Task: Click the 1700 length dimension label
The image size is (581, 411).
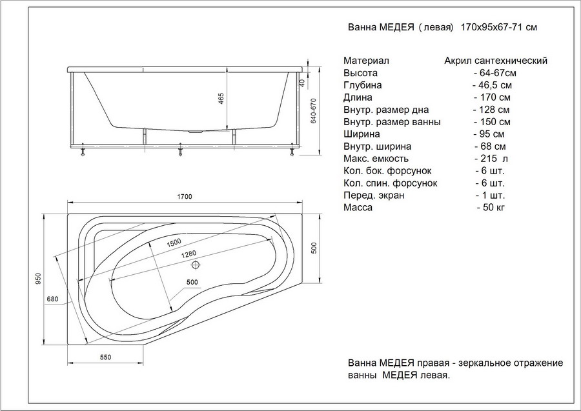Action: pos(185,197)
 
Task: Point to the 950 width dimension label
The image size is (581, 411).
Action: pos(38,279)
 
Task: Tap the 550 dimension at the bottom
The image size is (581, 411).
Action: pos(106,357)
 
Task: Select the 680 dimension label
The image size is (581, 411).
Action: pos(53,299)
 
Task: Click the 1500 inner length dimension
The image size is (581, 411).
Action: pos(174,243)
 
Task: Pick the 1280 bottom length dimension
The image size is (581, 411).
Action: pos(189,255)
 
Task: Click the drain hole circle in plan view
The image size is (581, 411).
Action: pos(196,265)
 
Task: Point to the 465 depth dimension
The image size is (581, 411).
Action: pos(221,99)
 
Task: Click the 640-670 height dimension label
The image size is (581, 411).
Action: pos(314,111)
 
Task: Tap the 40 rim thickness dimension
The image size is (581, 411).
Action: pos(301,83)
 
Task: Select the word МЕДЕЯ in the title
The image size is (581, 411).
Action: pos(396,27)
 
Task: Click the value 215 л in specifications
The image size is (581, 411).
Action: pos(491,159)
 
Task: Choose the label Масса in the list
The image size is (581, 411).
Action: pos(358,207)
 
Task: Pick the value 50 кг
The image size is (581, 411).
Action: pos(491,207)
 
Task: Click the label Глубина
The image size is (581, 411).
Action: pos(362,85)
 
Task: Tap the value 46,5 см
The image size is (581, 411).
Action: pos(493,85)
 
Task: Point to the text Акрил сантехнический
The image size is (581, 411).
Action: pos(496,61)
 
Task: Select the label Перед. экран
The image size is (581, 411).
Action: pos(374,195)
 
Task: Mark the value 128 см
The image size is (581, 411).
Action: pos(492,110)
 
